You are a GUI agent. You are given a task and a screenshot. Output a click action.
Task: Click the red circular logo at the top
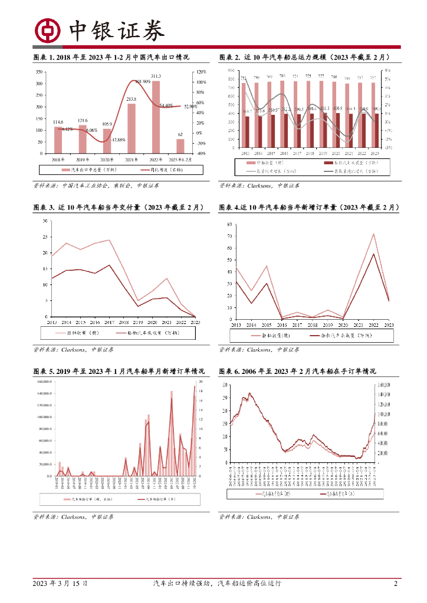click(47, 29)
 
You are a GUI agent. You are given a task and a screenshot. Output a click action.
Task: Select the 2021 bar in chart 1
click(132, 128)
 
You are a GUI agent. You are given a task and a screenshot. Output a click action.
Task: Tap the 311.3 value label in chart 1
click(156, 76)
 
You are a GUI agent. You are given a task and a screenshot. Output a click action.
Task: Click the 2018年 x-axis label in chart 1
click(58, 160)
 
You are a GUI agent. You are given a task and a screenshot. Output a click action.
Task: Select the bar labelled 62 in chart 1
click(180, 146)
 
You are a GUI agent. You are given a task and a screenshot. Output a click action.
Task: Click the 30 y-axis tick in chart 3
click(45, 221)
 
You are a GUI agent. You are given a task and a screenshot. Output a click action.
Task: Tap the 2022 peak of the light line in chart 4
click(373, 234)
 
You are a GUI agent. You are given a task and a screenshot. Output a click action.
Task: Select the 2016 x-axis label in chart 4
click(282, 325)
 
